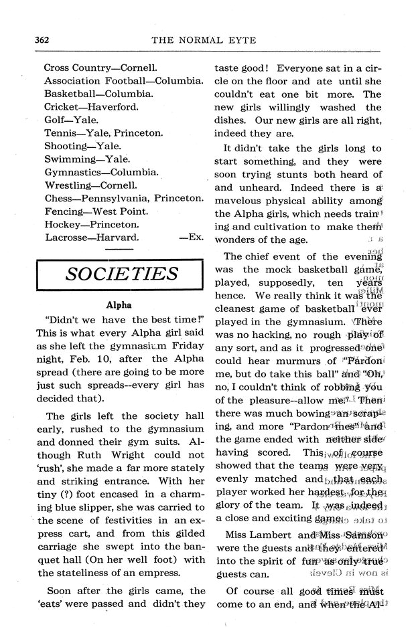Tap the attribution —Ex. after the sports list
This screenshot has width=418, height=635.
point(192,237)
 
